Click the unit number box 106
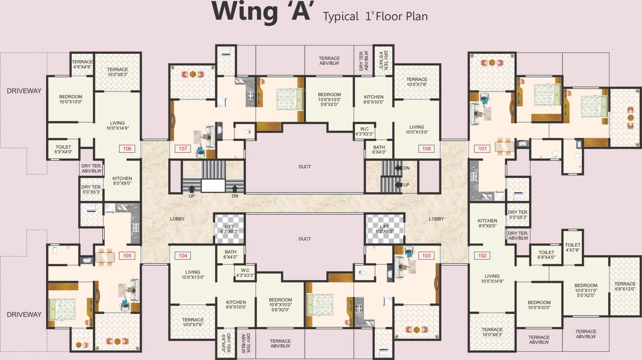click(x=127, y=149)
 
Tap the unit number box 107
click(x=183, y=149)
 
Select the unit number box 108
click(x=426, y=149)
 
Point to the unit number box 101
click(x=482, y=149)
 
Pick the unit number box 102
click(x=482, y=256)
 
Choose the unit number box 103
click(x=426, y=256)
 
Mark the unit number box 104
click(x=183, y=256)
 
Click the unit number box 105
click(x=127, y=256)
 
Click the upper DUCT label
click(x=304, y=167)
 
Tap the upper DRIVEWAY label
click(x=24, y=91)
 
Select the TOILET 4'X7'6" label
click(x=573, y=247)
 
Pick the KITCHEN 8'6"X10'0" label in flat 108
click(x=374, y=99)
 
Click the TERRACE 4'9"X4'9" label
click(x=82, y=64)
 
